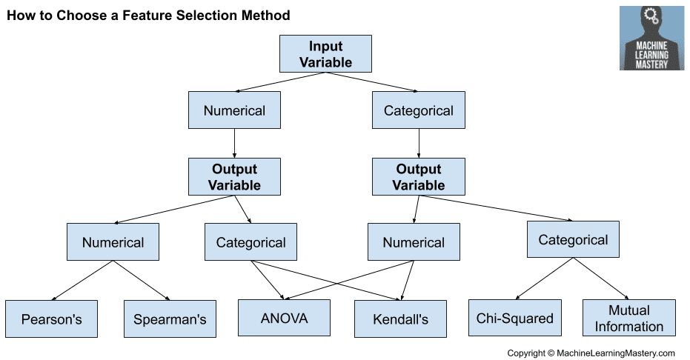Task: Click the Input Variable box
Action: pyautogui.click(x=325, y=54)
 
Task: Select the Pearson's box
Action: pyautogui.click(x=51, y=319)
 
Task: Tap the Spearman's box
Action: pyautogui.click(x=170, y=319)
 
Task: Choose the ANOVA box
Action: pyautogui.click(x=284, y=318)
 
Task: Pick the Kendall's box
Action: pyautogui.click(x=400, y=319)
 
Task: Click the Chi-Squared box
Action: pyautogui.click(x=514, y=318)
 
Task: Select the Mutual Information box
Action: pyautogui.click(x=628, y=318)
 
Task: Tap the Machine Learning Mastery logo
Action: pyautogui.click(x=651, y=39)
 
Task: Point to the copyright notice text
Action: pyautogui.click(x=591, y=353)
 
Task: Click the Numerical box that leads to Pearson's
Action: pyautogui.click(x=113, y=242)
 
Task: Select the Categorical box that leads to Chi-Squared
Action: pyautogui.click(x=573, y=240)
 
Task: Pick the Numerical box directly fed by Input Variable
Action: pyautogui.click(x=234, y=111)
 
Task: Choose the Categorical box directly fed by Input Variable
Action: pyautogui.click(x=419, y=111)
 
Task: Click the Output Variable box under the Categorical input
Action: pyautogui.click(x=419, y=176)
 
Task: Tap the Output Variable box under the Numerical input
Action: pyautogui.click(x=234, y=176)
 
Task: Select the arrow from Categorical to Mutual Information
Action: pyautogui.click(x=600, y=278)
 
